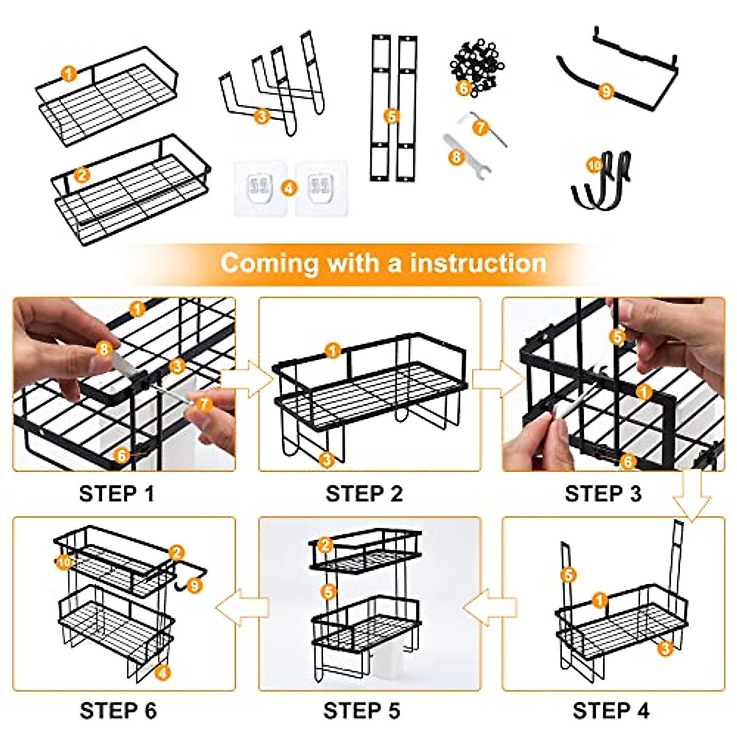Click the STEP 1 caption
(x=117, y=494)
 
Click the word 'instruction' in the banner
(x=478, y=263)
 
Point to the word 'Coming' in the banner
(x=269, y=263)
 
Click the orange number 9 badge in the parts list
(x=606, y=92)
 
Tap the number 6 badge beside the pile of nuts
(x=464, y=88)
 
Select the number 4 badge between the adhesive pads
(x=289, y=188)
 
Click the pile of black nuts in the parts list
(x=477, y=68)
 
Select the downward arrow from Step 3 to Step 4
(x=692, y=495)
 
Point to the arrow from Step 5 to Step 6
(x=243, y=607)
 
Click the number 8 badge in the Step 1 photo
(x=104, y=348)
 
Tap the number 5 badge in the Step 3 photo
(x=617, y=337)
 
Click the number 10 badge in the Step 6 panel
(x=64, y=562)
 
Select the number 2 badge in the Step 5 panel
(x=325, y=545)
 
